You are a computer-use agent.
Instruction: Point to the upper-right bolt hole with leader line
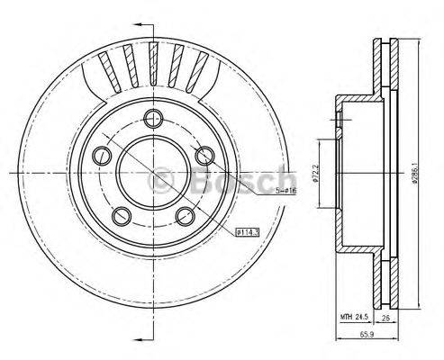pyautogui.click(x=205, y=154)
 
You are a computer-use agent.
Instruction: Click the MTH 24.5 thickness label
pyautogui.click(x=354, y=317)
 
